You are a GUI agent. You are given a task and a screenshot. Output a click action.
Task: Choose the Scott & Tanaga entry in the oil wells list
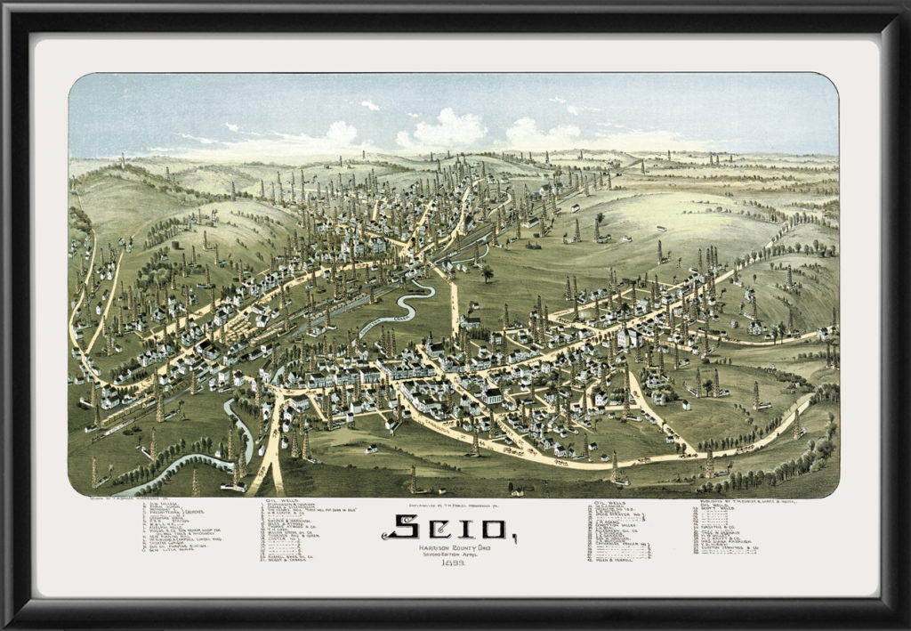[x=284, y=559]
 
